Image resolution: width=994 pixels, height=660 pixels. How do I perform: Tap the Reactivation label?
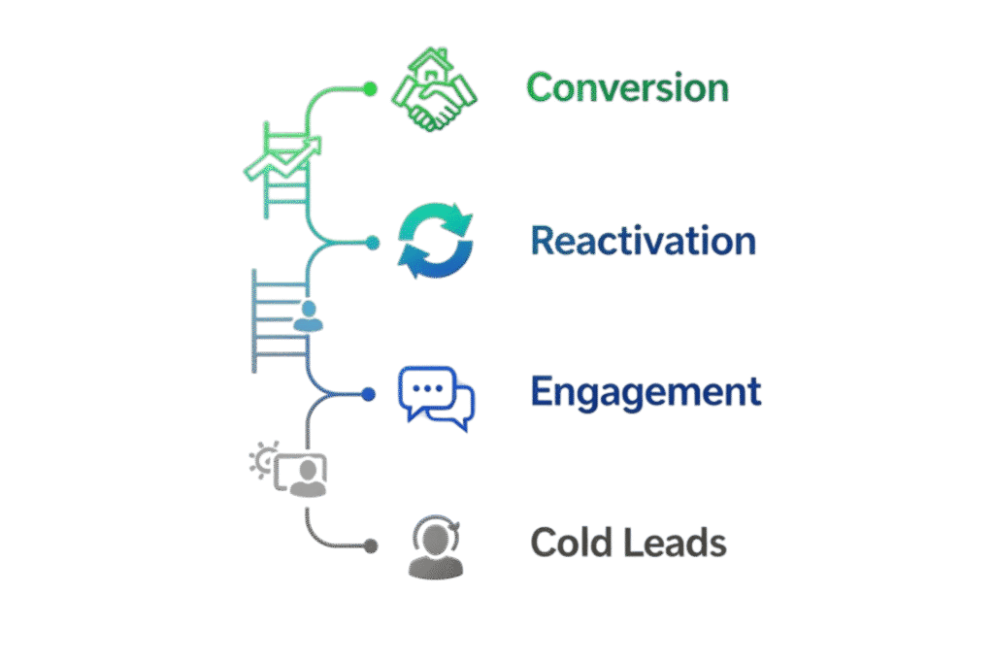point(644,242)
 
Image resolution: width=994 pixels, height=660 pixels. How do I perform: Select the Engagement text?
point(646,392)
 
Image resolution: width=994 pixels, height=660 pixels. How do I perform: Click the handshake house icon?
point(433,92)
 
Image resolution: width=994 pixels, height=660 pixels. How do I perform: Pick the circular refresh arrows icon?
point(437,242)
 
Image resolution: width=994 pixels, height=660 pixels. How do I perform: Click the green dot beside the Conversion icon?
point(369,88)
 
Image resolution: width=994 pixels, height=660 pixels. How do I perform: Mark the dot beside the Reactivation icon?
point(372,242)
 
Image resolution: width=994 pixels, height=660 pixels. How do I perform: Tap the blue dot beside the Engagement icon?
point(368,394)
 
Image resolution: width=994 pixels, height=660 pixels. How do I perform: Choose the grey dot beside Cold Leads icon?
point(370,546)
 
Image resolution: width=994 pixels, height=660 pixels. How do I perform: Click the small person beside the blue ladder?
point(308,316)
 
